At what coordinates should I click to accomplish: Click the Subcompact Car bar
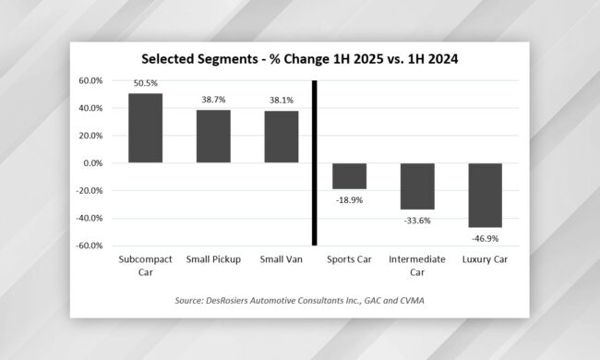(x=146, y=128)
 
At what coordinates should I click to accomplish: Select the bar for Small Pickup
(x=213, y=137)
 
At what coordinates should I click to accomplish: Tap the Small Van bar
(x=282, y=137)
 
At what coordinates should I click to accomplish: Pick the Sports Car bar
(x=349, y=176)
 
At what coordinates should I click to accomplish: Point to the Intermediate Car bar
(x=417, y=186)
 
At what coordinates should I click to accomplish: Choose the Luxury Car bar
(x=486, y=195)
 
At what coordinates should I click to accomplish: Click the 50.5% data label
(x=146, y=83)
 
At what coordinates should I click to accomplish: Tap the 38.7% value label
(x=213, y=100)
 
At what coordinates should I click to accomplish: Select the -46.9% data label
(x=486, y=239)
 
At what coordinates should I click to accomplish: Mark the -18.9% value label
(x=349, y=200)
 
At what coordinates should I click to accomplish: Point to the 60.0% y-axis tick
(x=90, y=80)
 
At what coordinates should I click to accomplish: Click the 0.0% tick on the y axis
(x=93, y=163)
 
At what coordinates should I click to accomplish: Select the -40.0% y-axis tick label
(x=90, y=218)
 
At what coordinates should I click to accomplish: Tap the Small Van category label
(x=282, y=259)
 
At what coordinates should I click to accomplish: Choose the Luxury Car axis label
(x=485, y=259)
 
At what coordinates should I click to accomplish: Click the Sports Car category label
(x=349, y=259)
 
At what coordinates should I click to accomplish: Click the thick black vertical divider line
(x=315, y=163)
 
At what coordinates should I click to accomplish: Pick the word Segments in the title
(x=228, y=59)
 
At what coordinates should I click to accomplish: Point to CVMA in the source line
(x=412, y=301)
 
